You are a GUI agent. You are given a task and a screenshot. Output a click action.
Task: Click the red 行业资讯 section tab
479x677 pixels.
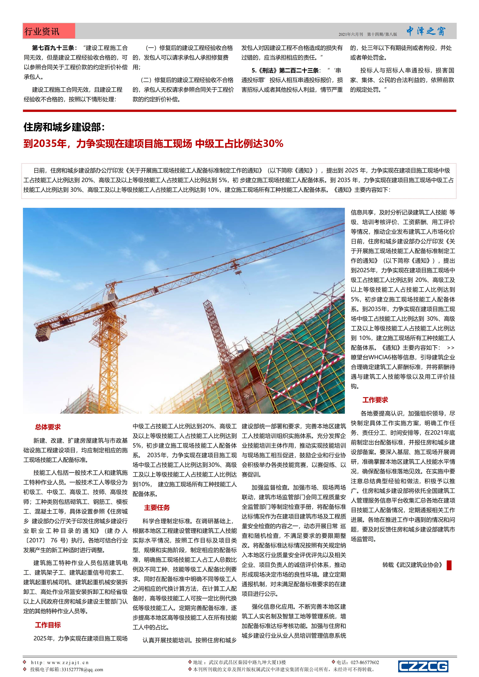tap(49, 31)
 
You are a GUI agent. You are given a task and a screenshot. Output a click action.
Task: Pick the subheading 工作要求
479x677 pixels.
tap(375, 400)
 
